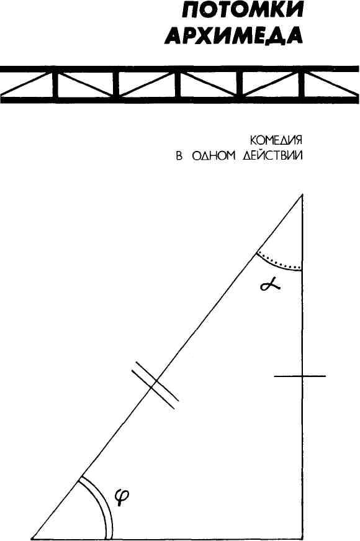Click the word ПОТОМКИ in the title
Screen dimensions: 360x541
click(243, 11)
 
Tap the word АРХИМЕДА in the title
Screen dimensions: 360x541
click(234, 35)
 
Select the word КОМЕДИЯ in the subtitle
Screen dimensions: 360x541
click(276, 140)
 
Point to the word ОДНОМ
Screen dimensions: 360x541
click(212, 156)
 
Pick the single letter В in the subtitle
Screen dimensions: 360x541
click(179, 156)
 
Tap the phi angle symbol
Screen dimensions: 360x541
click(122, 498)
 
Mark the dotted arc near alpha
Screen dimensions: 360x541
click(277, 262)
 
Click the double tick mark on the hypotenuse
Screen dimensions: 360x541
click(155, 384)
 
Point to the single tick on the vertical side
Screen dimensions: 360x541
click(300, 376)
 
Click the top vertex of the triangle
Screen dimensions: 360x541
click(302, 194)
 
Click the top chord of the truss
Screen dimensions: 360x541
click(180, 69)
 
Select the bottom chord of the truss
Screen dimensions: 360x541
click(180, 100)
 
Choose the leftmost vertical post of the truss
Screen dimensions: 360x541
click(54, 84)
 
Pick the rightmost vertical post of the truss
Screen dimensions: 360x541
click(302, 84)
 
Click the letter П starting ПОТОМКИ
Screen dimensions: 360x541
click(191, 11)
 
